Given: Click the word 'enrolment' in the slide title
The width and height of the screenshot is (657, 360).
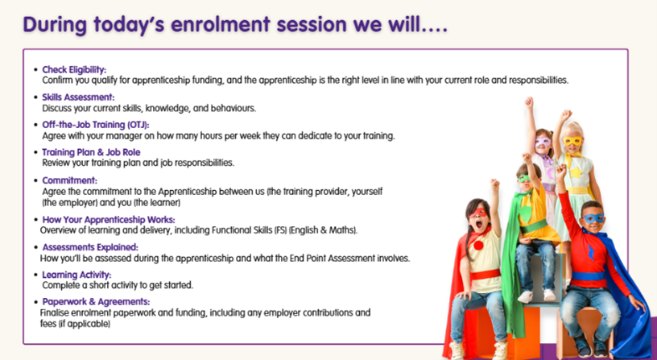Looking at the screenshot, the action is (x=220, y=24).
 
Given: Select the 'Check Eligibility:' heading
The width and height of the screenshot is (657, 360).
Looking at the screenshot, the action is (x=74, y=69).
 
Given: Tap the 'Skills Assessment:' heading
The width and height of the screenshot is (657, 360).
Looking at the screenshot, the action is (x=78, y=97).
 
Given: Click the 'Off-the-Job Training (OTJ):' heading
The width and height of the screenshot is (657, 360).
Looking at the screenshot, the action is (x=96, y=125).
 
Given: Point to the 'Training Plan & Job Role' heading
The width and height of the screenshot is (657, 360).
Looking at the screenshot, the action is (x=91, y=152).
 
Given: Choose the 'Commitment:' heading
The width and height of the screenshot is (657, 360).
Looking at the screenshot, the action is (x=69, y=180).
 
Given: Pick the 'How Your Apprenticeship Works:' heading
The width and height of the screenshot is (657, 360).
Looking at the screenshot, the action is (x=109, y=220).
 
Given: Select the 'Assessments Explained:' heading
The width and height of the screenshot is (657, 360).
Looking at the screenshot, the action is (x=90, y=247).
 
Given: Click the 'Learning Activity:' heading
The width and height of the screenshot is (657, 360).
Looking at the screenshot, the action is (x=76, y=275).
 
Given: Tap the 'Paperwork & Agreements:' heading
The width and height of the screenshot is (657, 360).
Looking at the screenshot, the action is (x=96, y=302).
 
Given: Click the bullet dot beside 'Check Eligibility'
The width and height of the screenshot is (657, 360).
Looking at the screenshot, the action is (x=35, y=69).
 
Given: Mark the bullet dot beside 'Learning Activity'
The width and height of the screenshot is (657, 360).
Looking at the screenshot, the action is (x=35, y=275).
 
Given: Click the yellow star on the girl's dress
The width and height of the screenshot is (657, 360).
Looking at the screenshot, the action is (x=576, y=172).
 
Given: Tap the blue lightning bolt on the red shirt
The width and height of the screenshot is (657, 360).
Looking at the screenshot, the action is (x=591, y=252).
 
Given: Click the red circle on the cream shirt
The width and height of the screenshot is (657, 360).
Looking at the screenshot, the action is (x=478, y=245).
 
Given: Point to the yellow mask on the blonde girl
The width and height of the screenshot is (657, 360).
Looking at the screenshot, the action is (x=572, y=141).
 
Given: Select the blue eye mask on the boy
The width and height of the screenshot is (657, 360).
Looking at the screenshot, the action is (x=593, y=218).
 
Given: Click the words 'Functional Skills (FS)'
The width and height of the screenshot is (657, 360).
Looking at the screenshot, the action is (x=249, y=230).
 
